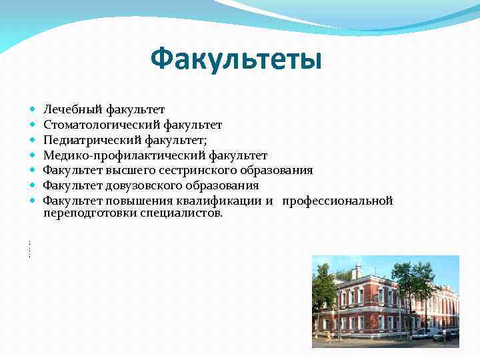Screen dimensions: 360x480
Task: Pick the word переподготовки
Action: point(90,213)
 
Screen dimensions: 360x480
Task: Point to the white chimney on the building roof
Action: point(357,271)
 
